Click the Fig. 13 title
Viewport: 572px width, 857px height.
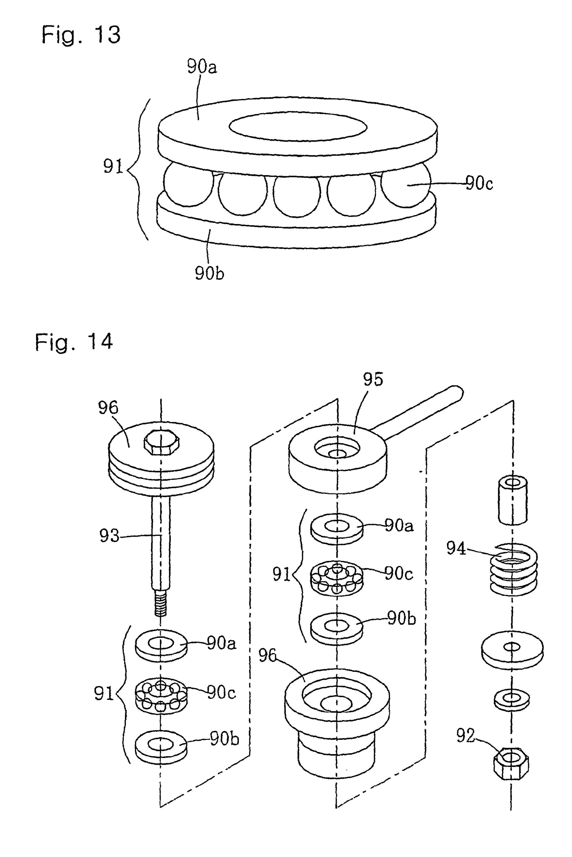pyautogui.click(x=81, y=35)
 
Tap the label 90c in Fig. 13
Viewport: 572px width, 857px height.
pyautogui.click(x=479, y=183)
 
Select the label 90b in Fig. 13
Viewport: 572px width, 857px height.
pyautogui.click(x=209, y=273)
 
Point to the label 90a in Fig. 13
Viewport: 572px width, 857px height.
pyautogui.click(x=202, y=67)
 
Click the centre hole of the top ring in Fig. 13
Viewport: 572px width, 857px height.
pyautogui.click(x=298, y=126)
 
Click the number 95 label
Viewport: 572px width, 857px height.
pyautogui.click(x=373, y=379)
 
